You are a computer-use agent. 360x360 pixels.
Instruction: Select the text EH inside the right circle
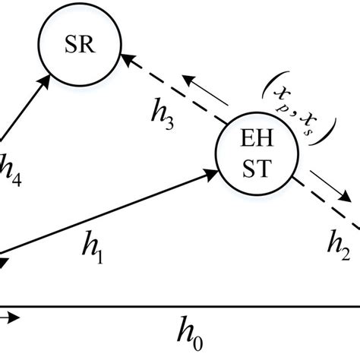tap(252, 143)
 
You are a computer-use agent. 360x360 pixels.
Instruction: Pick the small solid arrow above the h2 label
tap(325, 200)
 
